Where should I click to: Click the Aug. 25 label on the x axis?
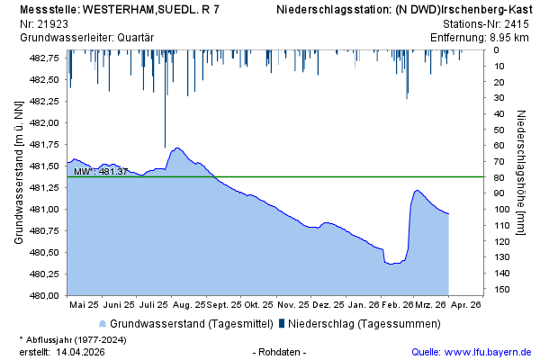(187, 305)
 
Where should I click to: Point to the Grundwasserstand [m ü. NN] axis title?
(17, 173)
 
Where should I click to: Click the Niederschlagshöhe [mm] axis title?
(521, 173)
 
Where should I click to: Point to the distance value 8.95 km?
(509, 37)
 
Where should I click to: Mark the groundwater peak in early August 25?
(177, 148)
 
